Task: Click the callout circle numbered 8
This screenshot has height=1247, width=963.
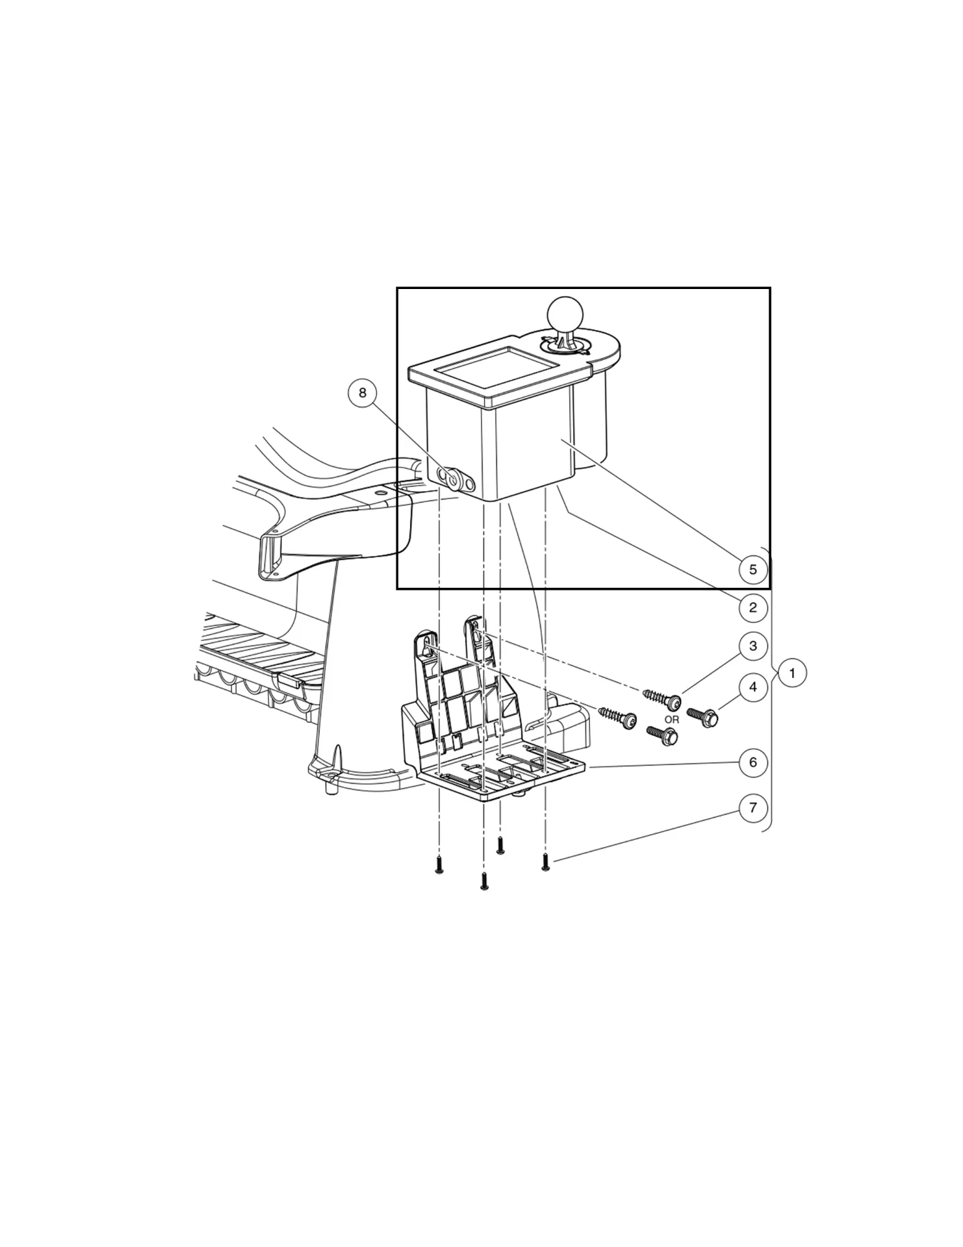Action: click(x=363, y=393)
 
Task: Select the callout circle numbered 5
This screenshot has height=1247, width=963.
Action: click(x=752, y=570)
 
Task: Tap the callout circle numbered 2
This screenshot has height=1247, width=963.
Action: click(x=752, y=608)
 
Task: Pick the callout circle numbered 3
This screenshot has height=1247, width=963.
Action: click(x=752, y=646)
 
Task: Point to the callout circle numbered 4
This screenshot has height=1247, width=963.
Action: click(x=752, y=687)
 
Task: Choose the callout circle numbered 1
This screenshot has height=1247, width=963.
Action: click(x=791, y=673)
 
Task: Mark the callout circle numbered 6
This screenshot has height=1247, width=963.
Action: click(x=752, y=762)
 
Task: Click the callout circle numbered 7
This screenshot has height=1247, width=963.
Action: click(x=752, y=808)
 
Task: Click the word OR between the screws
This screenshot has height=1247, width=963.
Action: click(x=671, y=720)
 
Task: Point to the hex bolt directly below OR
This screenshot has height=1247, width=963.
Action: click(x=663, y=735)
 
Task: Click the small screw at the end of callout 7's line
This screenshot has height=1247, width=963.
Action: click(x=546, y=863)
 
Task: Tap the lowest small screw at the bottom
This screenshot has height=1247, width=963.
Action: click(x=484, y=881)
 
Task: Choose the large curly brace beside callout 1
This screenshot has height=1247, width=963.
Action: click(x=771, y=688)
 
